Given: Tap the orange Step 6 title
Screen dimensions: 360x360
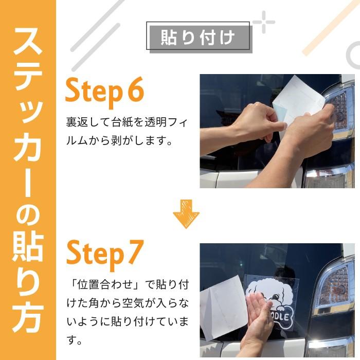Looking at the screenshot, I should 104,92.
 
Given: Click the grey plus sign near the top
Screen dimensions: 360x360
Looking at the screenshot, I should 264,22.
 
